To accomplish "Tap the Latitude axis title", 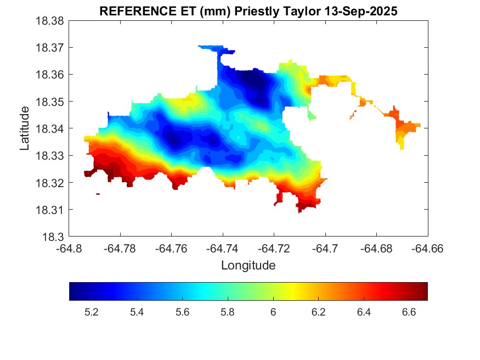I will [x=25, y=128].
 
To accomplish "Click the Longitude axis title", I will [x=248, y=266].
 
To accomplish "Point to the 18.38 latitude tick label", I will [x=50, y=21].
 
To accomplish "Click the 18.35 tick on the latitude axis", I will [x=50, y=102].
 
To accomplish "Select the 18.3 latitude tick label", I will [x=54, y=237].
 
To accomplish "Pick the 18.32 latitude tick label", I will [x=50, y=183].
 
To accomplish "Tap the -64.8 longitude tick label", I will [x=70, y=248].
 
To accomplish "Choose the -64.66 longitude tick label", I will [x=428, y=248].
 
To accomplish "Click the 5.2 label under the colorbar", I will [x=91, y=312].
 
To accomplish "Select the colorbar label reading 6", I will [x=273, y=312].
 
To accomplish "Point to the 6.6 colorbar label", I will [x=409, y=312].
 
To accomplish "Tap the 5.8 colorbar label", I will [x=228, y=312].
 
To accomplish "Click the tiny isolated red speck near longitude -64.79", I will [x=98, y=194].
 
